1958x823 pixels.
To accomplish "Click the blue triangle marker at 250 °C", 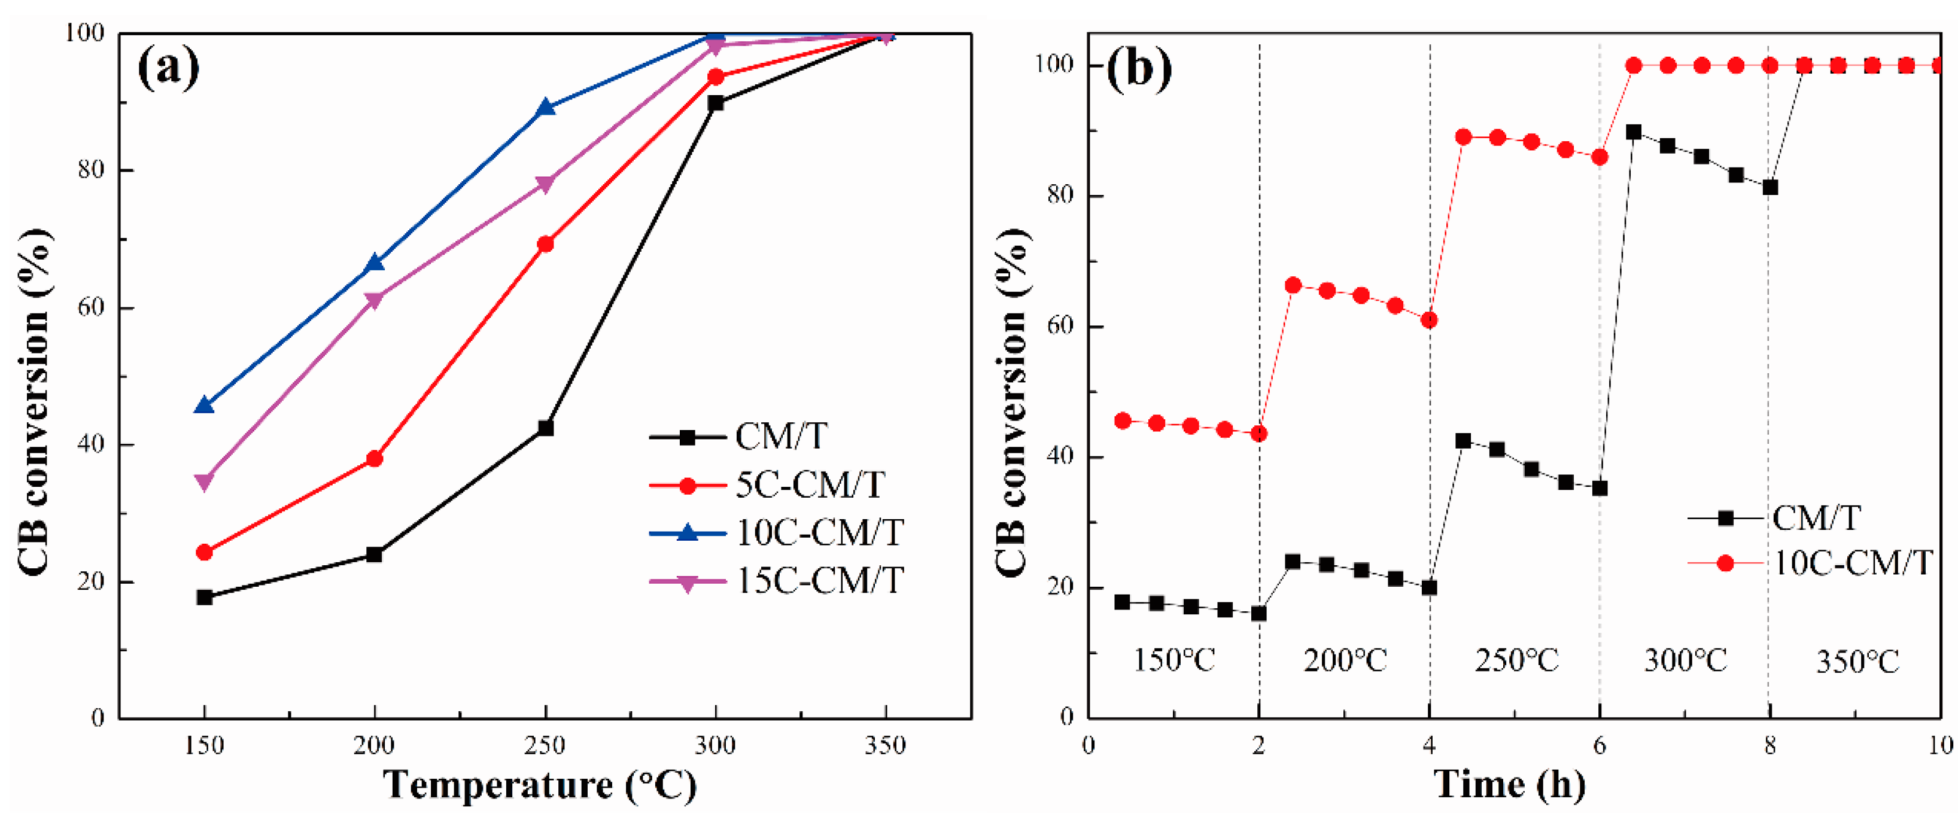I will click(545, 108).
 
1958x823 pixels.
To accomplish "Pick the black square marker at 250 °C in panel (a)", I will click(545, 429).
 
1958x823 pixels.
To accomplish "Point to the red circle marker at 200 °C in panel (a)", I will click(374, 459).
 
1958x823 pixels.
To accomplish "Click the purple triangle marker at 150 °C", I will click(203, 482).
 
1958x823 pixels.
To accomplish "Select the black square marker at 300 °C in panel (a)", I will click(715, 103).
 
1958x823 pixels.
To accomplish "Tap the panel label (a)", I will click(168, 68).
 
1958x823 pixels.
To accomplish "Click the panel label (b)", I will click(1138, 68).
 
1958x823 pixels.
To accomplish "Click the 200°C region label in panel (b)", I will click(1345, 660).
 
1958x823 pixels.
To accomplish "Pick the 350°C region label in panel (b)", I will click(1857, 662).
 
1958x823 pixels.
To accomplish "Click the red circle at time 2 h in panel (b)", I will click(1258, 434).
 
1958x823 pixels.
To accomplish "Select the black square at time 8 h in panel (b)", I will click(1770, 187).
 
